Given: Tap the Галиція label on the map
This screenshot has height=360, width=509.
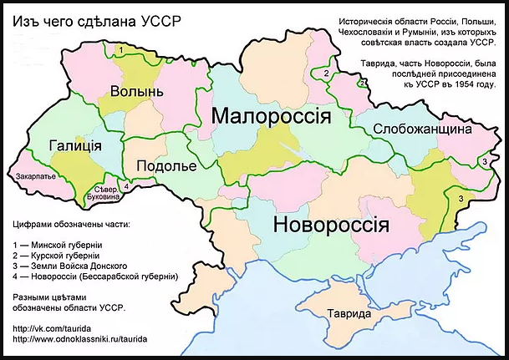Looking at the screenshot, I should (75, 145).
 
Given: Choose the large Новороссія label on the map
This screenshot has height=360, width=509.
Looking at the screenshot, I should (331, 225).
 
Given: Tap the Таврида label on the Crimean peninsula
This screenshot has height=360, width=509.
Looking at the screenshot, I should (349, 314).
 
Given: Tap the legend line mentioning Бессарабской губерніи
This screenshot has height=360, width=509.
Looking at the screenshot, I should (96, 275).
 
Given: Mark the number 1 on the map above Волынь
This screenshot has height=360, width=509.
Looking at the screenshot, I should (121, 51).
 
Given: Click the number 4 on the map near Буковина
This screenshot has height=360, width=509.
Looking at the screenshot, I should (125, 186).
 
